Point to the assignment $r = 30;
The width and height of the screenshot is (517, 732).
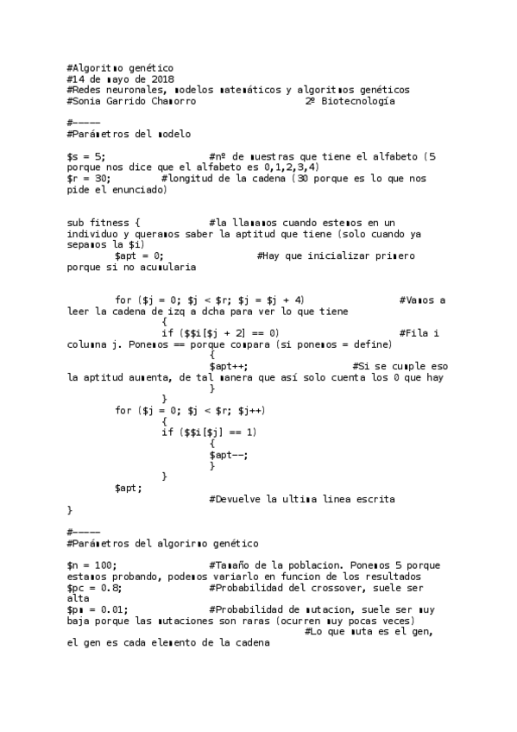pos(88,179)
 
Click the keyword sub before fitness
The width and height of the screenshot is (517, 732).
pos(75,224)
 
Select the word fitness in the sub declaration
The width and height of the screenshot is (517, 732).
pos(109,224)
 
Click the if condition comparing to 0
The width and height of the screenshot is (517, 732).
pos(219,333)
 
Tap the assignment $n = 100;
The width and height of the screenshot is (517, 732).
pos(91,565)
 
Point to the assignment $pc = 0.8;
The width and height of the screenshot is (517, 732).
pos(93,587)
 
